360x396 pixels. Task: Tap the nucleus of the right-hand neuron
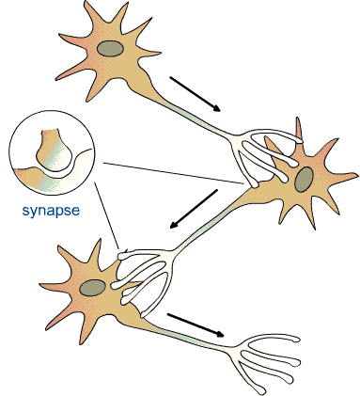(x=305, y=179)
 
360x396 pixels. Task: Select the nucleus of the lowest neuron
(x=92, y=288)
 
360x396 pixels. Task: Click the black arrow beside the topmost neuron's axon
(x=196, y=92)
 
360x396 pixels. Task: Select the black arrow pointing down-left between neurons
(x=196, y=211)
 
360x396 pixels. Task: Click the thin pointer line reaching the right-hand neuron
(x=169, y=173)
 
